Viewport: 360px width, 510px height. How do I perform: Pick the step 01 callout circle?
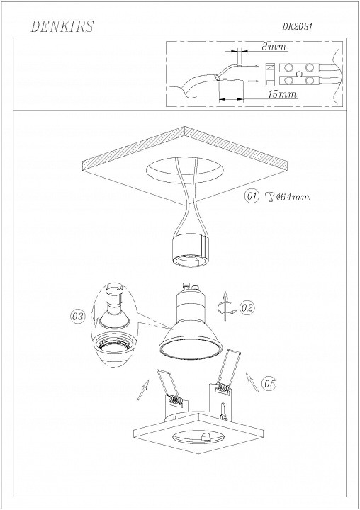pyautogui.click(x=250, y=196)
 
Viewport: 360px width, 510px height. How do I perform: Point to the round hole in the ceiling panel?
pyautogui.click(x=183, y=169)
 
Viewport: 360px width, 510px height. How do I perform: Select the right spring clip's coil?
pyautogui.click(x=223, y=389)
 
